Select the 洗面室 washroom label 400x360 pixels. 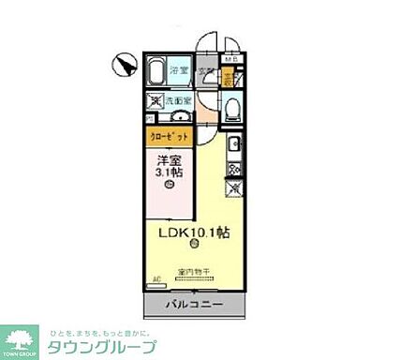[181, 99]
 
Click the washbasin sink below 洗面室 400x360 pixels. [180, 118]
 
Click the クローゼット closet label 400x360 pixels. [170, 135]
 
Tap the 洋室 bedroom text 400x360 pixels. [169, 158]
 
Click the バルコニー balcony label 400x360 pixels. [196, 306]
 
